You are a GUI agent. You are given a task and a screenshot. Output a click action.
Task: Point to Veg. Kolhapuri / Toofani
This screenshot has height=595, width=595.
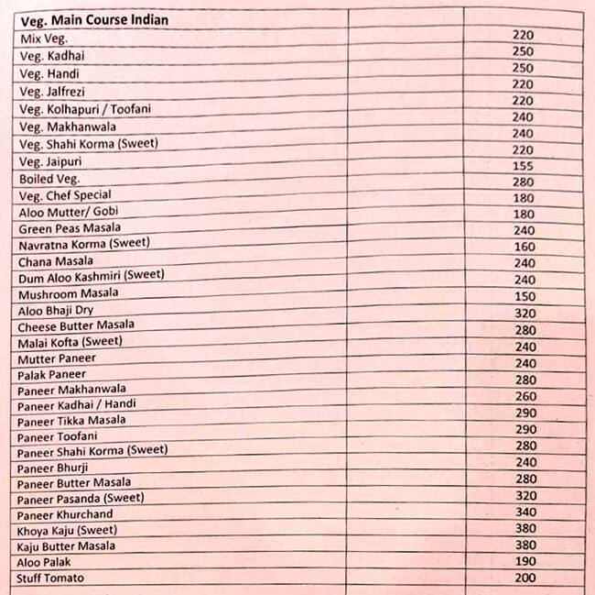[x=85, y=109]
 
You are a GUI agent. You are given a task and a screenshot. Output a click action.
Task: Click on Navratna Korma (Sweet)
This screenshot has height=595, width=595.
[x=84, y=244]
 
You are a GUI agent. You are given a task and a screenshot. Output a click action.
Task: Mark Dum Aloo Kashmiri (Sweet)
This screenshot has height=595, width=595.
[x=92, y=276]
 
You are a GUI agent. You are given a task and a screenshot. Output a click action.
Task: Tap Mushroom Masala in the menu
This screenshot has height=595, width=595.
[x=68, y=293]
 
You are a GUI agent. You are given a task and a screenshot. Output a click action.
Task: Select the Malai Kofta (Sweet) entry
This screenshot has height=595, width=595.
[x=70, y=342]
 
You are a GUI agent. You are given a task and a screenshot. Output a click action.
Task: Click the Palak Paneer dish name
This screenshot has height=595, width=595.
[x=51, y=375]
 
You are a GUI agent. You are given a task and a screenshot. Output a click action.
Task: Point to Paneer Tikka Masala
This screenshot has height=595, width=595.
[x=71, y=421]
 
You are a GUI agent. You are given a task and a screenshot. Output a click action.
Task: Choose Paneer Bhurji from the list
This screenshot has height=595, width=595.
[x=52, y=468]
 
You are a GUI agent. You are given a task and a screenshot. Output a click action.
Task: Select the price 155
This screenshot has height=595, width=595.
[x=523, y=164]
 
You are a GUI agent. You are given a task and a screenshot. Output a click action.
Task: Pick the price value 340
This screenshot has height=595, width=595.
[x=525, y=512]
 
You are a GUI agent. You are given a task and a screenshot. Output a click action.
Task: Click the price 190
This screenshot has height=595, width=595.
[x=524, y=561]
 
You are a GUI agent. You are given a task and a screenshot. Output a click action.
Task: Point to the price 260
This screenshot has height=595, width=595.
[x=525, y=397]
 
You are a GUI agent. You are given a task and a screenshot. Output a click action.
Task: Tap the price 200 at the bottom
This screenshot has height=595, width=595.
[x=525, y=578]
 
